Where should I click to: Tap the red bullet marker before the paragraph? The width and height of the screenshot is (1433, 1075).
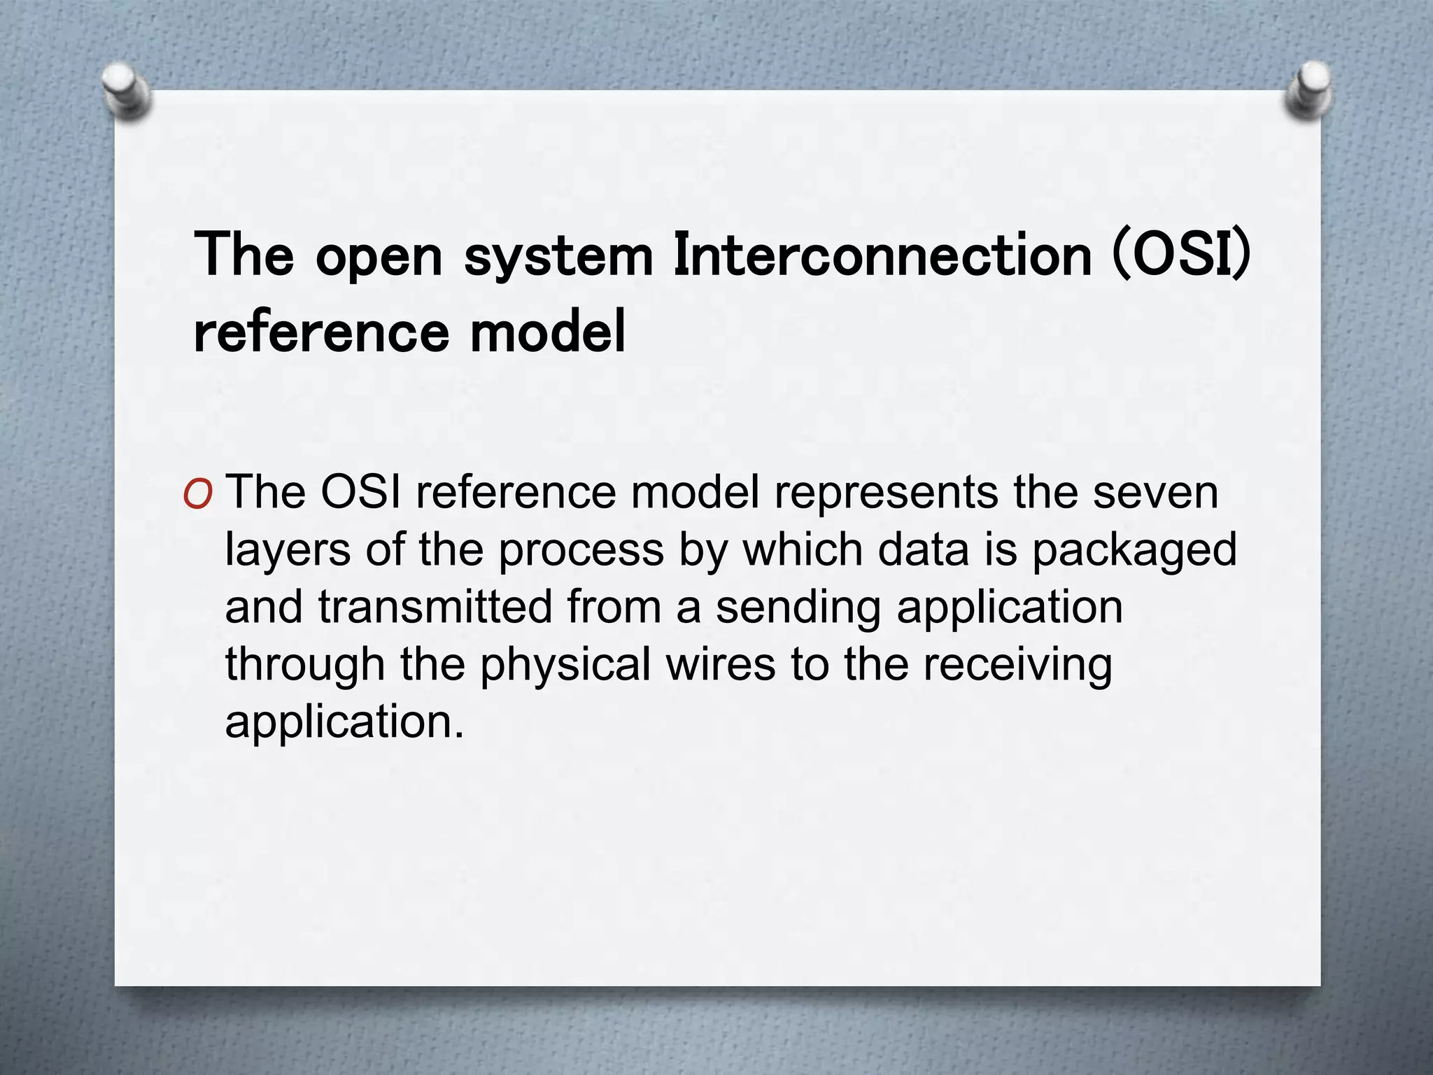[197, 495]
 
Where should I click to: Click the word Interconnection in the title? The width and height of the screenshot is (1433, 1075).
[882, 255]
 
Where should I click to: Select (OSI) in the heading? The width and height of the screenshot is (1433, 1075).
[1181, 255]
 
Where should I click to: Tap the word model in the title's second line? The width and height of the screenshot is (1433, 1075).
[547, 332]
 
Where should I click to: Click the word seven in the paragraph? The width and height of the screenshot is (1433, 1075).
[1155, 493]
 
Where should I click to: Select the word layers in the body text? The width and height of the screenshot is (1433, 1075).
[288, 551]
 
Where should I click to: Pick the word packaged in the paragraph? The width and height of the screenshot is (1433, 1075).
[1134, 551]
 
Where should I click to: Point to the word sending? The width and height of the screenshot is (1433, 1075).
[798, 609]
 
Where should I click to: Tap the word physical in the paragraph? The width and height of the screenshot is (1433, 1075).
[565, 666]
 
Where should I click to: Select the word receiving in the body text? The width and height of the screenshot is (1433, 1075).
[1017, 666]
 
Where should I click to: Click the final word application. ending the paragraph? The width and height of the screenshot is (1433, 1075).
[344, 724]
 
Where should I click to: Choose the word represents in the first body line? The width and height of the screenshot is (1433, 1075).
[886, 494]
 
